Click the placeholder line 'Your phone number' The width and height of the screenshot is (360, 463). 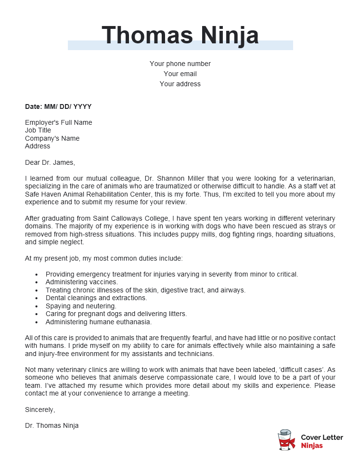[x=180, y=64]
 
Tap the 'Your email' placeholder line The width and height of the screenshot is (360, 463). [x=180, y=74]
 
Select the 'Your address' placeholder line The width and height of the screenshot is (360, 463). [x=180, y=84]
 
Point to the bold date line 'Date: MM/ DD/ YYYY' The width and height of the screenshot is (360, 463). [x=58, y=106]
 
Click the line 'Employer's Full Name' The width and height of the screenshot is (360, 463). [x=58, y=122]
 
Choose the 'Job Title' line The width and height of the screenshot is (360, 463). [x=38, y=130]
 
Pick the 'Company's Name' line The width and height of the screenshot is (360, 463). [x=52, y=138]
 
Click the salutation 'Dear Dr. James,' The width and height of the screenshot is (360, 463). [x=50, y=162]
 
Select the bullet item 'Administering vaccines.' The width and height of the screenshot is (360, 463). [x=81, y=282]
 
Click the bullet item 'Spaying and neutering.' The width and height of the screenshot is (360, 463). [x=81, y=306]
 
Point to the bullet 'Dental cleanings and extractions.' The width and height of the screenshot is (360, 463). [x=96, y=298]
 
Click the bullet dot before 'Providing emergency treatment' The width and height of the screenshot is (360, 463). [x=37, y=274]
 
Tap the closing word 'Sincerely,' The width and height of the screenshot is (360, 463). [x=40, y=410]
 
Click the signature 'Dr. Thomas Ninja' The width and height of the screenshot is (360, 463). [x=51, y=425]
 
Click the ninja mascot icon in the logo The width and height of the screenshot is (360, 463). [x=286, y=440]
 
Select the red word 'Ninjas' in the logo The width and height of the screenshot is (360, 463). [x=312, y=446]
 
